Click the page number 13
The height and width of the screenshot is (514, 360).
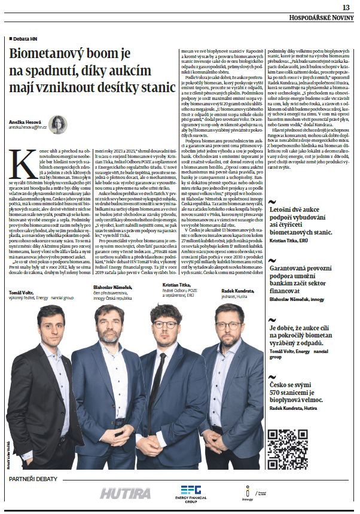point(346,7)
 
